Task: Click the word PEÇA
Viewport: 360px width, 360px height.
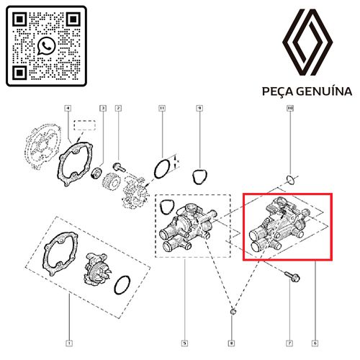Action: [282, 92]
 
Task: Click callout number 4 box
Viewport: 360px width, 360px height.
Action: [68, 109]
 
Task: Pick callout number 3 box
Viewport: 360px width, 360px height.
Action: [103, 109]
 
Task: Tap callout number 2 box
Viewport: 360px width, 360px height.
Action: [118, 109]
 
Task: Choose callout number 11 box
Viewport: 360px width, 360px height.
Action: [162, 109]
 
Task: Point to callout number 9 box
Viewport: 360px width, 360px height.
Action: [198, 109]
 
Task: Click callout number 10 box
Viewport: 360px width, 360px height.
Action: [290, 109]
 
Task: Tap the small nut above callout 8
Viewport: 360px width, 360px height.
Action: [231, 312]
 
